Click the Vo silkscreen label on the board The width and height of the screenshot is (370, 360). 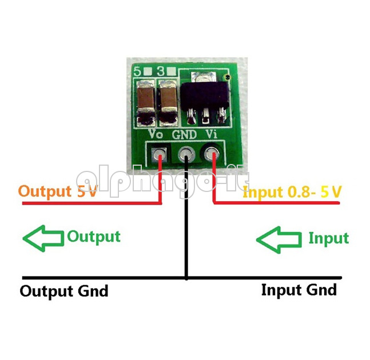click(x=156, y=134)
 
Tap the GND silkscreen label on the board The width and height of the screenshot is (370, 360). click(x=184, y=135)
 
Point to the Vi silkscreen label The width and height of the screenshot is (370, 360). click(x=212, y=134)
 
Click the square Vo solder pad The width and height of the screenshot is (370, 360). click(x=160, y=155)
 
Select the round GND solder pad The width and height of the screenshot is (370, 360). click(x=186, y=155)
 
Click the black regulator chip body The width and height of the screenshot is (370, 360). click(x=204, y=95)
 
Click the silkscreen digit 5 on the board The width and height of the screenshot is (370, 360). click(x=137, y=71)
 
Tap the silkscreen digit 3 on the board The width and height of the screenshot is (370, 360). click(x=161, y=71)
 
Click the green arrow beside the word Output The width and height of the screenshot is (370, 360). click(x=43, y=238)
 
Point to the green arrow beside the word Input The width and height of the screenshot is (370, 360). click(x=279, y=240)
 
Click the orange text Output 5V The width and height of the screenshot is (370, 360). click(x=58, y=191)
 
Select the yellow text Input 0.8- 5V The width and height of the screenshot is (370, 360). click(x=292, y=192)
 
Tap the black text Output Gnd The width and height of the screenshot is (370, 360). click(x=64, y=291)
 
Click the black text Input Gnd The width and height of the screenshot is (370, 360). click(x=299, y=290)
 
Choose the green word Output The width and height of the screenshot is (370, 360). click(x=94, y=237)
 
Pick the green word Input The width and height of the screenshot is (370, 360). click(x=329, y=239)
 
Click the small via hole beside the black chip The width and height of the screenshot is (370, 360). click(x=228, y=77)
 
